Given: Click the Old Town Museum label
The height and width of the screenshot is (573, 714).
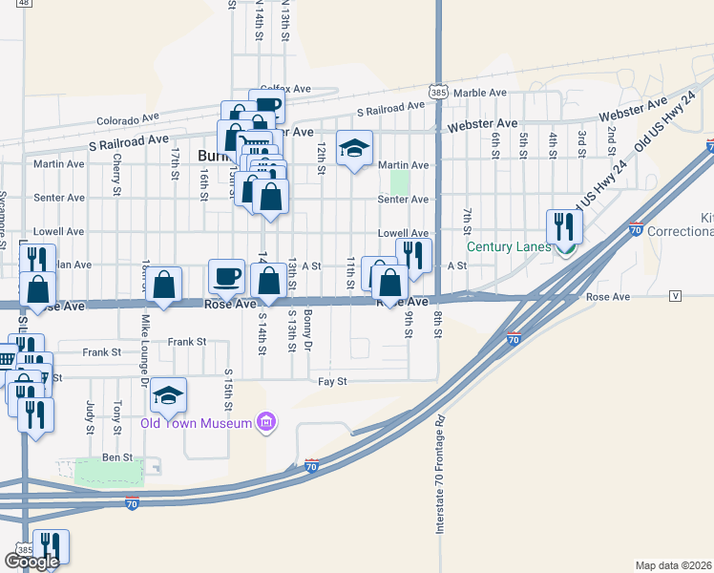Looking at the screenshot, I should [197, 423].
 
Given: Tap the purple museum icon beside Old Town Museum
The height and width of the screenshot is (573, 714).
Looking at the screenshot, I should [266, 422].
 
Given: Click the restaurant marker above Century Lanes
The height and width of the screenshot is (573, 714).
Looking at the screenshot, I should [564, 227].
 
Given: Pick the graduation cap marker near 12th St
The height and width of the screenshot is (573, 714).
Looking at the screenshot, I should [354, 148].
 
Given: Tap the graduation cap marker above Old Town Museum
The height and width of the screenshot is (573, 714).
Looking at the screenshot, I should [169, 396].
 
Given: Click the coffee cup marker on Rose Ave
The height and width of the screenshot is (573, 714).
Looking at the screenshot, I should [226, 277].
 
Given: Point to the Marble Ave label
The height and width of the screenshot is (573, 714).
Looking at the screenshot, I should [480, 93].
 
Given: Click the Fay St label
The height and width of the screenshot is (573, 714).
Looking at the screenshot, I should [332, 382].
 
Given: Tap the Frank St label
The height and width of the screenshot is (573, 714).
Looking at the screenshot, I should [186, 341].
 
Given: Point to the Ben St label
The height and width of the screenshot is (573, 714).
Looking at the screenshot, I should [117, 458].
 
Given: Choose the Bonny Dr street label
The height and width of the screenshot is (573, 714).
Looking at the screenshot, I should [307, 329].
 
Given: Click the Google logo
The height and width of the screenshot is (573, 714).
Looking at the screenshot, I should [31, 562].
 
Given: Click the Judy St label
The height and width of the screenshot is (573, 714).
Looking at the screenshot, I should [89, 415].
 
